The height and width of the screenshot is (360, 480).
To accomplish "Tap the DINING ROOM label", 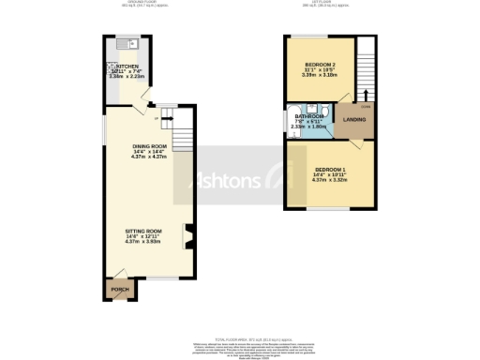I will [x=149, y=146].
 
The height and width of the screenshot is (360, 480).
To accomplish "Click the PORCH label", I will [x=119, y=290].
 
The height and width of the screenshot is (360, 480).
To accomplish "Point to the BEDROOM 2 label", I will [x=320, y=65].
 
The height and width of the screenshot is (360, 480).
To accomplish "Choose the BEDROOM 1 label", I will [x=330, y=170].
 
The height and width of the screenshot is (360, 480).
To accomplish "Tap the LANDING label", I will [x=353, y=120].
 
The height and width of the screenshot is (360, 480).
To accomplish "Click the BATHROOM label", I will [x=309, y=117].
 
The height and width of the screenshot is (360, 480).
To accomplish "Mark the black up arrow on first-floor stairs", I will [x=365, y=94].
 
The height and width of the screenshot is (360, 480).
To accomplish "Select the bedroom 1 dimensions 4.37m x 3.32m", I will [x=330, y=181].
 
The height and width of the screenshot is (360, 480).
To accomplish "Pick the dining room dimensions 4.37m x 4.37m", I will [x=149, y=157].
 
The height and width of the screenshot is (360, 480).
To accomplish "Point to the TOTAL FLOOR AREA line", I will [x=239, y=338].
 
